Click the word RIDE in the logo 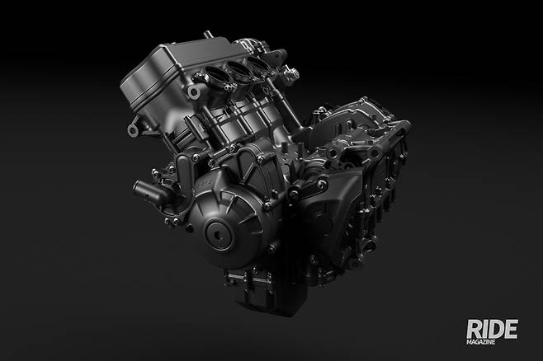tap(492, 329)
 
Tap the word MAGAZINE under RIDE tap(480, 342)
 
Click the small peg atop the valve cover tap(209, 35)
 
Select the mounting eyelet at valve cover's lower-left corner tap(134, 130)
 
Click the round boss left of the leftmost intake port tap(194, 92)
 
